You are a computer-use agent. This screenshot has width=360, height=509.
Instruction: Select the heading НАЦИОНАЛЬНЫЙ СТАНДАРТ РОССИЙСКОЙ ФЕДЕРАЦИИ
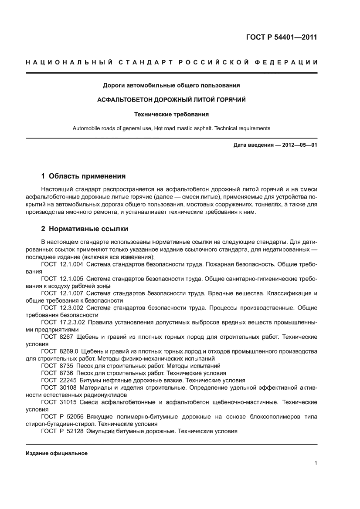coord(171,63)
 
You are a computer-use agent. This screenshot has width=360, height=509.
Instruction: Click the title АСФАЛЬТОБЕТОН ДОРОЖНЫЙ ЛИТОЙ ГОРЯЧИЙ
coord(171,100)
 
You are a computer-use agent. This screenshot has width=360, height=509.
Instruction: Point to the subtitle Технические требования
coord(171,115)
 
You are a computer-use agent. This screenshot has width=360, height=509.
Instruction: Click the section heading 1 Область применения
coord(83,176)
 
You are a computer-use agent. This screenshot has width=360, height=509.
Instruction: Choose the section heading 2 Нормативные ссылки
coord(85,229)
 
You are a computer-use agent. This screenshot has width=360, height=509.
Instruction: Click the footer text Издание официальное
coord(57,453)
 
